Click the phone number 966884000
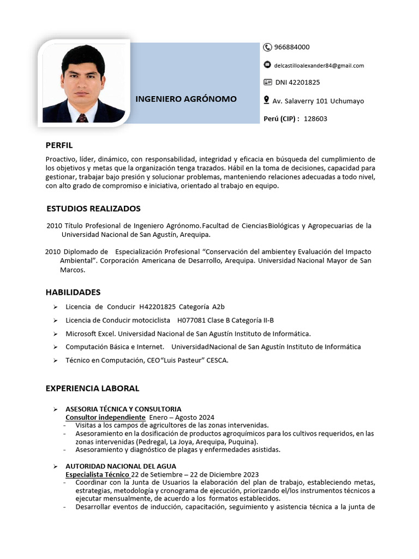pos(292,47)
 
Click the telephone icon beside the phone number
pos(267,47)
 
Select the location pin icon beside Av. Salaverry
pos(267,100)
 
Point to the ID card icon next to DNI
pos(267,82)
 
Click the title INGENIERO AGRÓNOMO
pos(186,99)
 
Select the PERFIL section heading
pos(59,145)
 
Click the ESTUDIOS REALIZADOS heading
pos(93,209)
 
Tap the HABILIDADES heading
pos(73,292)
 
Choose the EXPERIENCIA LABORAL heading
pos(93,388)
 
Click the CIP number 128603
pos(315,118)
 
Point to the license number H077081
pos(191,320)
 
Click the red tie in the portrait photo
pos(82,117)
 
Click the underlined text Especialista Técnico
pos(97,474)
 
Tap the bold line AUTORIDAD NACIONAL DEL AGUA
pos(121,466)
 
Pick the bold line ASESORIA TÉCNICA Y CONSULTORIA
pos(123,409)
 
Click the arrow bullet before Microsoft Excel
pos(55,334)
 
